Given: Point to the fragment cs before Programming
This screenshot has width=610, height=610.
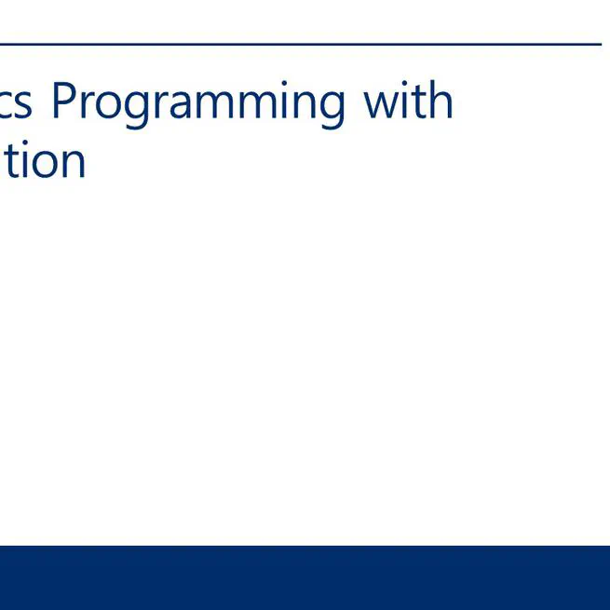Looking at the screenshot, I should click(x=17, y=102).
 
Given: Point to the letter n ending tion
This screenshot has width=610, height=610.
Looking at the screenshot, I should click(x=73, y=163).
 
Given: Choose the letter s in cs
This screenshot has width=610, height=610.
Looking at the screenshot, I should click(x=25, y=103).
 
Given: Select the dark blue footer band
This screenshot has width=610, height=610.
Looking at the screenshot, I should click(x=305, y=577).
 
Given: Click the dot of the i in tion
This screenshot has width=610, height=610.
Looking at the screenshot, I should click(x=22, y=142).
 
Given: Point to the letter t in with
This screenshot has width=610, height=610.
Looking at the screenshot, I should click(x=418, y=102).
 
